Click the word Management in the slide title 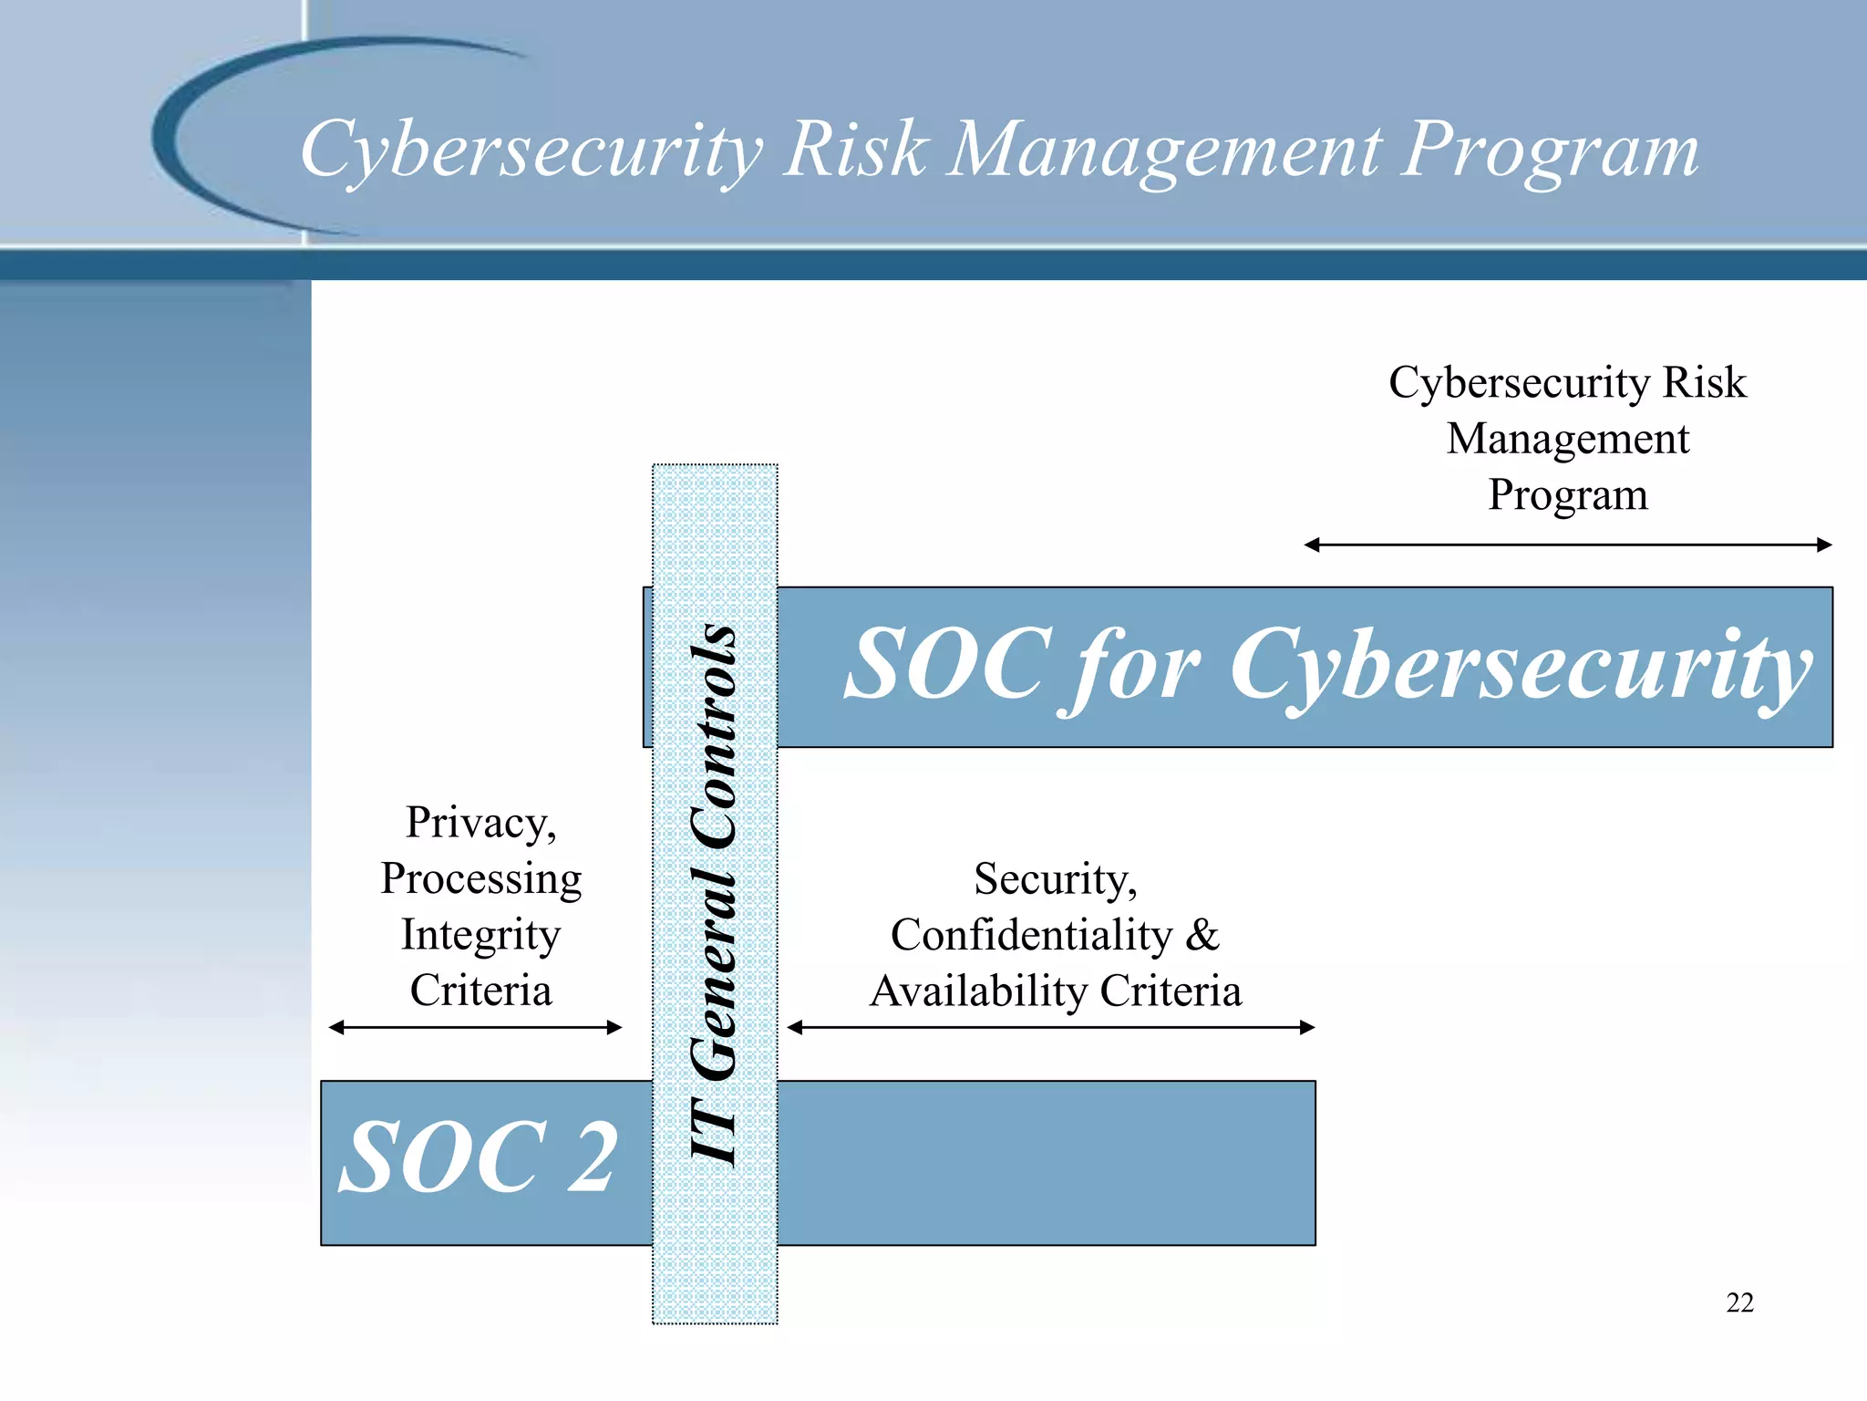[x=1165, y=150]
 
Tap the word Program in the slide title [x=1550, y=150]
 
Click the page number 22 [x=1739, y=1302]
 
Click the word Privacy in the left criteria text [x=480, y=823]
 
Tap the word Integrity [x=480, y=935]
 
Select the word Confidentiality [x=1031, y=935]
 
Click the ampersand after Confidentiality [x=1202, y=935]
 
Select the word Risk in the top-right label [x=1704, y=382]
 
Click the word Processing [x=480, y=879]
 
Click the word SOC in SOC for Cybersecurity [x=948, y=666]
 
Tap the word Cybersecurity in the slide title [x=531, y=150]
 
